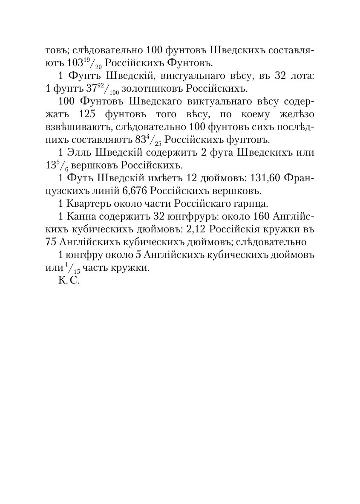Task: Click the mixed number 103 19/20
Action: tap(85, 64)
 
